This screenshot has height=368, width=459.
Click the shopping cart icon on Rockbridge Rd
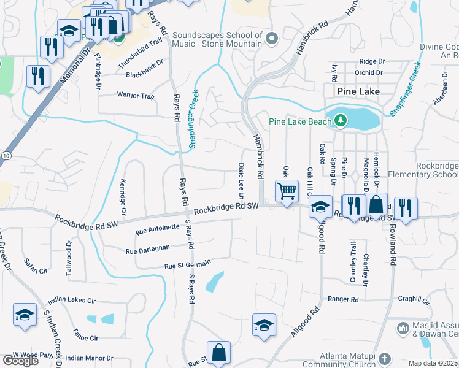pos(287,192)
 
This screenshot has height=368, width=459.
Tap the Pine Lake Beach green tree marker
pos(341,121)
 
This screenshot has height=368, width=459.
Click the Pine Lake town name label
pos(358,91)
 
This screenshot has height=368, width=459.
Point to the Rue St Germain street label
pos(187,264)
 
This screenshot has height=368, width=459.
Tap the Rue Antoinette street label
pos(157,229)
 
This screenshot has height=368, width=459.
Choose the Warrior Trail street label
pos(135,96)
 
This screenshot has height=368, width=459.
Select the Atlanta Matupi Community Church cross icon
pos(384,358)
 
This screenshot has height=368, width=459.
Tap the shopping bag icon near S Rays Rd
pos(218,353)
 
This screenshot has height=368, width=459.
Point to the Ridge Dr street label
pos(372,61)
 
